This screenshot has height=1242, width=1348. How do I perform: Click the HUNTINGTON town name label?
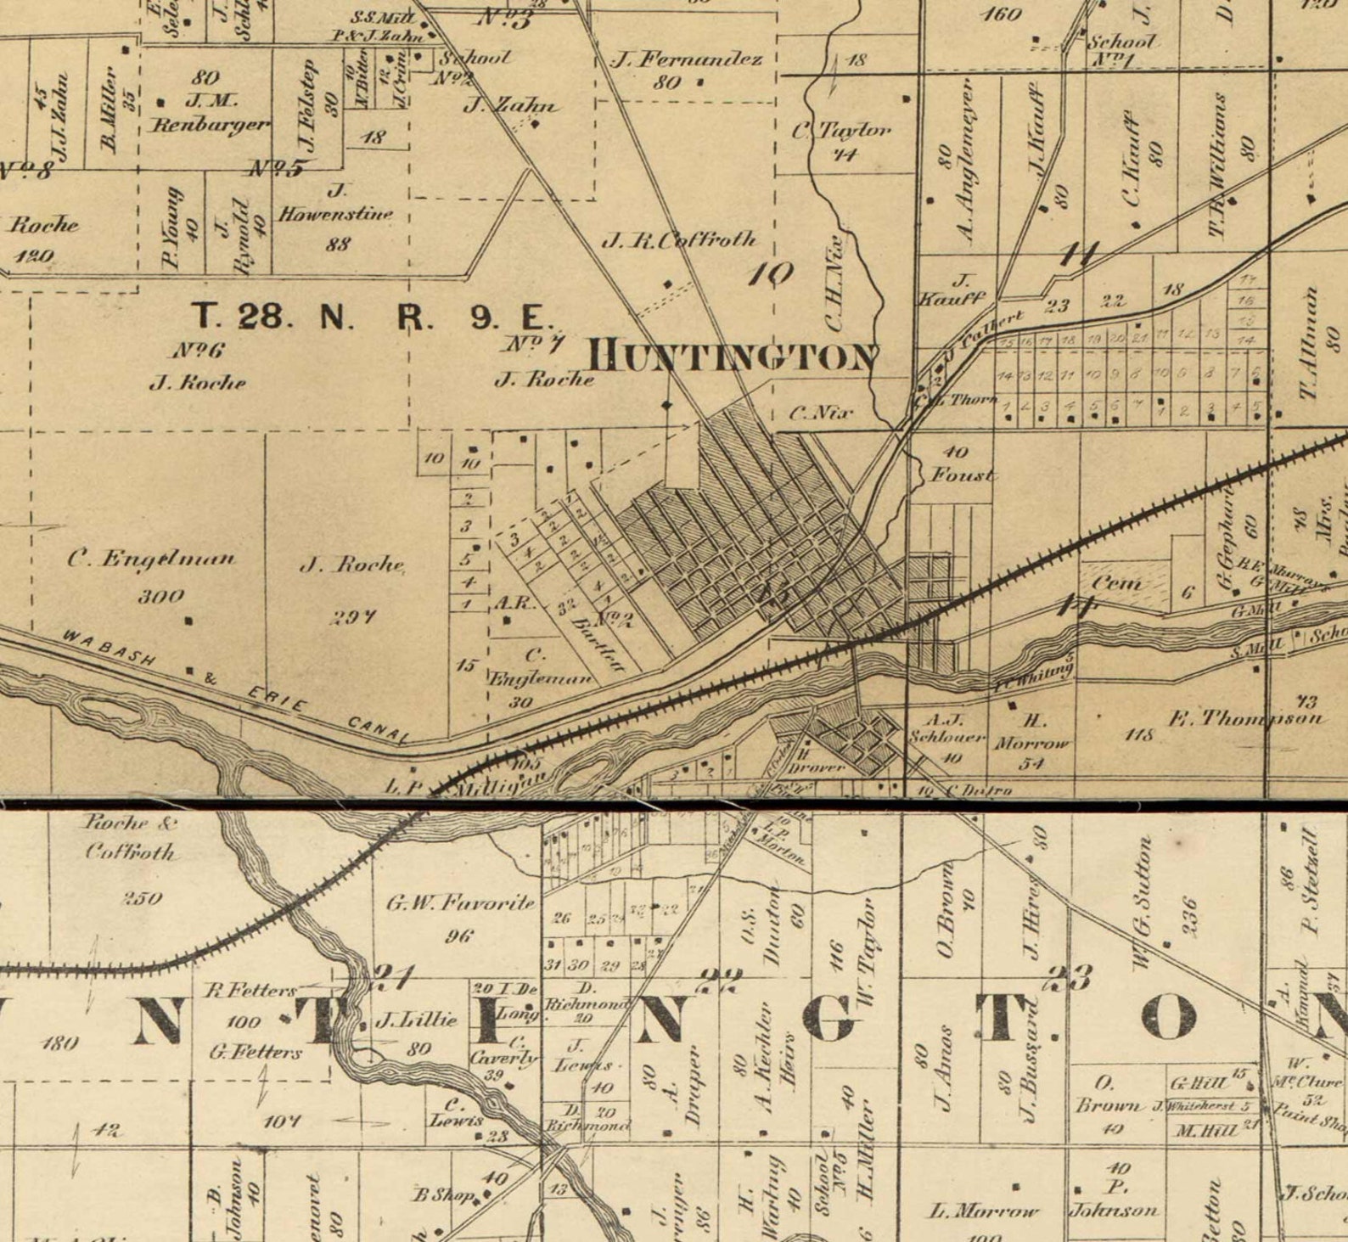(x=733, y=357)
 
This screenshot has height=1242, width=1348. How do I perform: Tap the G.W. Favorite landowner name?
(x=462, y=903)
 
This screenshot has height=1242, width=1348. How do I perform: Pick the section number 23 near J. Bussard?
(x=1069, y=979)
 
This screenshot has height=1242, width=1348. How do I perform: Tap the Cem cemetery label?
(x=1116, y=584)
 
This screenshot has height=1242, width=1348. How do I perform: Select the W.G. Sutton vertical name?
(x=1143, y=902)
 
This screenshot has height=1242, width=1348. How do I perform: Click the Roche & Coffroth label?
(x=129, y=837)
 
